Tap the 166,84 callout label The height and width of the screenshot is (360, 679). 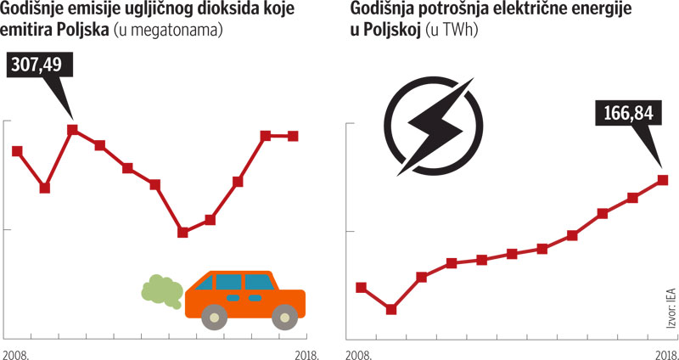pos(629,113)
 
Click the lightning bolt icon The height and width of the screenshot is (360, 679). pos(430,128)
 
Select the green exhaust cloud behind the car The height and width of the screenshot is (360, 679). pos(160,290)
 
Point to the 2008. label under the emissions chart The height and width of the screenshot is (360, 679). pos(17,351)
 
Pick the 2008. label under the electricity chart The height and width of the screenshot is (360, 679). pos(360,351)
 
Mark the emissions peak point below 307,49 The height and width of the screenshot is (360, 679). pos(73,130)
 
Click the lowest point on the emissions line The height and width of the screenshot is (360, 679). pos(182,232)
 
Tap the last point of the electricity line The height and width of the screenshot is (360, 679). pos(663,180)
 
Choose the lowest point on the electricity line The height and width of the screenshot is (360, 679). pos(391,310)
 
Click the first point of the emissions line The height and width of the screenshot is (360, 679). pos(17,151)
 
